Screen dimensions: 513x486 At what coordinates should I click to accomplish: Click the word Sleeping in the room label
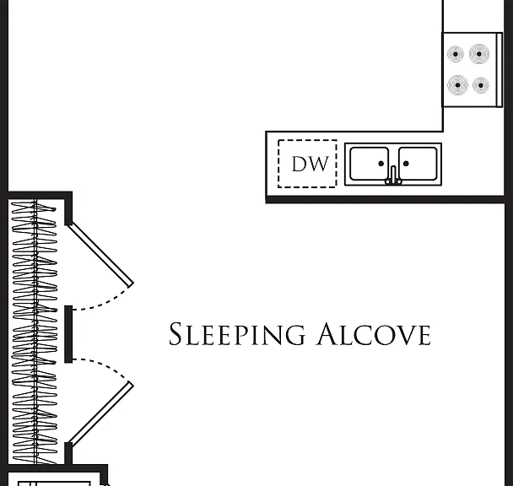click(237, 334)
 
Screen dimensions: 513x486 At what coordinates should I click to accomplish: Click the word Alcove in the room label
click(373, 334)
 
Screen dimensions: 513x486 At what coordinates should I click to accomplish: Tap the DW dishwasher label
click(310, 164)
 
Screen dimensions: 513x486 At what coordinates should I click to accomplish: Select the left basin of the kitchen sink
click(369, 164)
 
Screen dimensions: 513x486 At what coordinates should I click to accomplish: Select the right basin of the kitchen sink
click(418, 164)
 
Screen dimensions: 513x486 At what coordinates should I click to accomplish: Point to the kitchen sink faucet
click(393, 175)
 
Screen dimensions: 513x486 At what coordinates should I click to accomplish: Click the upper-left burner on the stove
click(456, 54)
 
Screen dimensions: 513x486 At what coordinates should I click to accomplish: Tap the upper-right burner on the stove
click(479, 54)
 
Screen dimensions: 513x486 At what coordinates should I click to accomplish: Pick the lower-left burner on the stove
click(457, 85)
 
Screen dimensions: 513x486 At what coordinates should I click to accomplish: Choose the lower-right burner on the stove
click(481, 85)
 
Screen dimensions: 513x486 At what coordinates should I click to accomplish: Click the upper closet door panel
click(100, 254)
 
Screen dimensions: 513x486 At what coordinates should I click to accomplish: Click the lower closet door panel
click(100, 414)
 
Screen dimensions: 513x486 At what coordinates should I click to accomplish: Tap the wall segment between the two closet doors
click(68, 334)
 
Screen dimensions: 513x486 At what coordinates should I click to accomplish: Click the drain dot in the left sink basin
click(381, 164)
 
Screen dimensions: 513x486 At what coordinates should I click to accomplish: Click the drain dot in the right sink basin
click(406, 164)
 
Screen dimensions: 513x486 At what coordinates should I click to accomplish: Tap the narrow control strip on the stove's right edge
click(499, 70)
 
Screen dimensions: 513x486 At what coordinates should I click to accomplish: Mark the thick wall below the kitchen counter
click(385, 199)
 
